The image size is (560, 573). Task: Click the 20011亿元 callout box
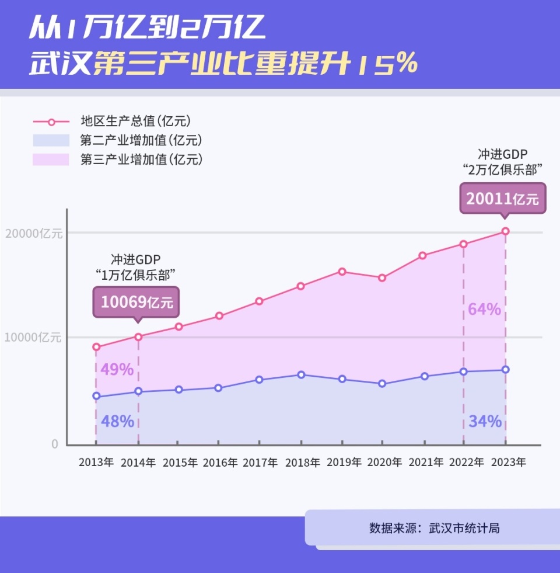pos(503,199)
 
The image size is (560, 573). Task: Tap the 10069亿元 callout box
pos(136,302)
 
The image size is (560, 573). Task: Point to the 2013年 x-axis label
pos(96,463)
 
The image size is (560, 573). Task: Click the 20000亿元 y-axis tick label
pos(33,233)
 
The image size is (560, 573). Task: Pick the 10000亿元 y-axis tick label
pos(33,338)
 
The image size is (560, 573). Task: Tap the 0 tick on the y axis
pos(55,444)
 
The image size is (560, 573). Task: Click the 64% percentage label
pos(484,310)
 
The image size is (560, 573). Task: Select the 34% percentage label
pos(485,421)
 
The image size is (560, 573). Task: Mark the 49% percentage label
pos(117,370)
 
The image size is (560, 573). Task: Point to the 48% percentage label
pos(117,421)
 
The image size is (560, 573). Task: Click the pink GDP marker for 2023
pos(506,231)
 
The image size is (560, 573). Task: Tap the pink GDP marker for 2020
pos(382,278)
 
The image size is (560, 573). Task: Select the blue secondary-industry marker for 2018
pos(301,375)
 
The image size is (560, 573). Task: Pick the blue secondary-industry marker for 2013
pos(96,397)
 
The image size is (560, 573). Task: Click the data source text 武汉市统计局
pos(464,528)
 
